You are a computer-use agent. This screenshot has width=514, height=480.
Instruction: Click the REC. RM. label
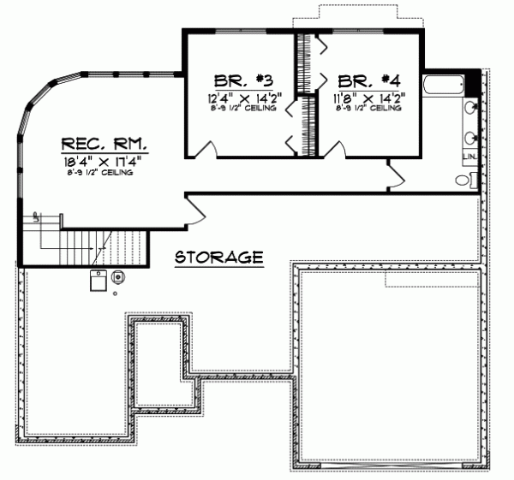(x=100, y=142)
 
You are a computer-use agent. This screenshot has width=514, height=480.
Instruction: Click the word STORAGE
(x=218, y=257)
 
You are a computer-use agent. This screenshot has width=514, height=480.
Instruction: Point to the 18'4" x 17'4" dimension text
(x=100, y=161)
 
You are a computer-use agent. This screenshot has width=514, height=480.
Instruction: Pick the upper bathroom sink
(x=470, y=109)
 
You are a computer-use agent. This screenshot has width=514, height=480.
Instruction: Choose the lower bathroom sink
(x=470, y=137)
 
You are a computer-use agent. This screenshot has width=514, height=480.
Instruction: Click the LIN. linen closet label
(x=469, y=159)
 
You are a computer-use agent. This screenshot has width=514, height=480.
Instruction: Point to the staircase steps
(x=94, y=248)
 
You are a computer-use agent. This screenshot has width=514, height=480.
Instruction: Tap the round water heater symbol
(x=117, y=276)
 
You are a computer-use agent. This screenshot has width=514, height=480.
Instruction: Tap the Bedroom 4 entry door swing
(x=334, y=150)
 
